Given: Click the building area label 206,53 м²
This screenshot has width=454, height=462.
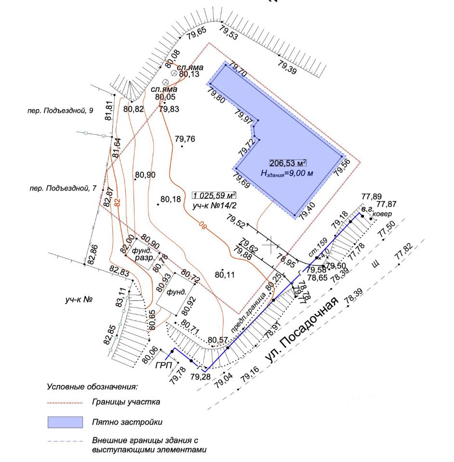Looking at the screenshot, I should (x=288, y=163).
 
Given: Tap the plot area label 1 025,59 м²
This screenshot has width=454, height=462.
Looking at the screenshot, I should (x=214, y=195).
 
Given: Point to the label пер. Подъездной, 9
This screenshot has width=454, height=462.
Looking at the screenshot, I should (x=60, y=111).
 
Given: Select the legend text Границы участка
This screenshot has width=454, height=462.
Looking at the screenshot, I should (x=126, y=401).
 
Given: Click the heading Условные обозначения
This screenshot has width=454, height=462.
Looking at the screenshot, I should (x=92, y=386).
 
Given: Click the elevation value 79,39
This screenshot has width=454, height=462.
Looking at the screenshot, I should (x=288, y=67).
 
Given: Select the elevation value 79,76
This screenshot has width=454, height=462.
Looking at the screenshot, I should (x=185, y=139).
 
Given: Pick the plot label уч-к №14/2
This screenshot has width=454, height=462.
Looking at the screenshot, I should (x=211, y=205).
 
